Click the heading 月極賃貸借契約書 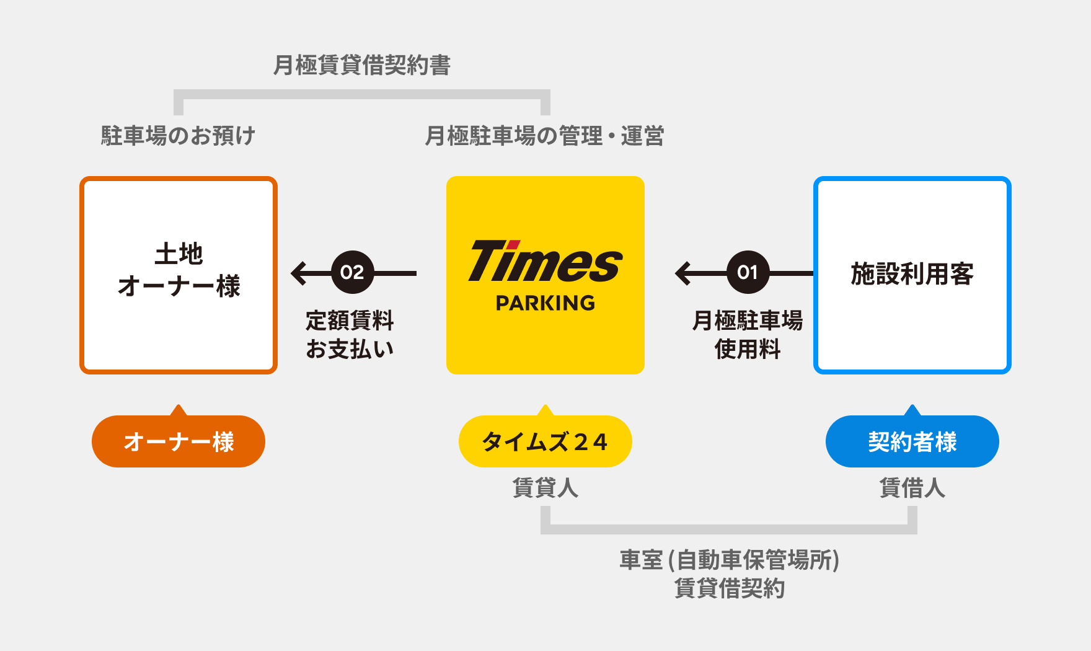(362, 65)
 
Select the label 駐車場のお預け (178, 136)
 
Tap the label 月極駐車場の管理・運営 (544, 136)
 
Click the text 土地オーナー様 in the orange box (179, 270)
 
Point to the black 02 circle (352, 272)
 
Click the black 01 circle (748, 272)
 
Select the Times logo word (545, 262)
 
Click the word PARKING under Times (545, 303)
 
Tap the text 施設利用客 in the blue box (912, 273)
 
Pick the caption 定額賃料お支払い (350, 335)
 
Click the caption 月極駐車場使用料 (747, 335)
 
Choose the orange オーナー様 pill (179, 441)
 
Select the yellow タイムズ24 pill (545, 441)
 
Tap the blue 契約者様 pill (912, 441)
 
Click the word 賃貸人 (545, 488)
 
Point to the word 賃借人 (912, 488)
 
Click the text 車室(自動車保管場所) (729, 560)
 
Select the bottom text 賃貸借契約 (729, 588)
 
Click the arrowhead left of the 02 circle (299, 273)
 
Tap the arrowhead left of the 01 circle (683, 273)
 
